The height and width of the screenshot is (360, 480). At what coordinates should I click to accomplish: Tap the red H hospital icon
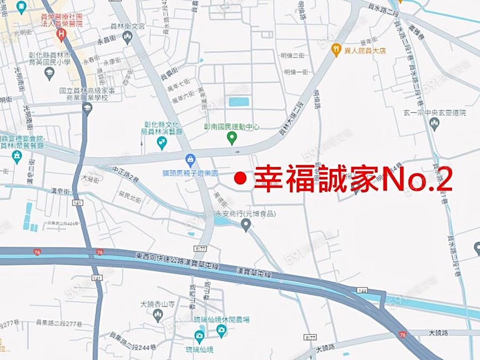[61, 36]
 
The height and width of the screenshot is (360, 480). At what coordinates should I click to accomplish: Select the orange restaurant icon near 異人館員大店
[336, 50]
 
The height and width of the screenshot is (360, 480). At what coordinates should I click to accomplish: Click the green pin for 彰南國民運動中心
[232, 139]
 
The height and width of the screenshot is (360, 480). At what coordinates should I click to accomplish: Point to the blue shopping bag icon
[190, 159]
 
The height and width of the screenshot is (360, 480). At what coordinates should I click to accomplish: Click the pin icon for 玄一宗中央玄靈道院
[434, 124]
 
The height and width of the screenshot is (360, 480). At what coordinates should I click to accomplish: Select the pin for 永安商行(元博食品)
[245, 225]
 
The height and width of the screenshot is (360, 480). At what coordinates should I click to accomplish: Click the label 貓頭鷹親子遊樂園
[190, 173]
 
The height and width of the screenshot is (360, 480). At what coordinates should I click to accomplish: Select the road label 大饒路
[440, 332]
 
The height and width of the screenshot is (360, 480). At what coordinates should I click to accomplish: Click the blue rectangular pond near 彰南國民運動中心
[238, 102]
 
